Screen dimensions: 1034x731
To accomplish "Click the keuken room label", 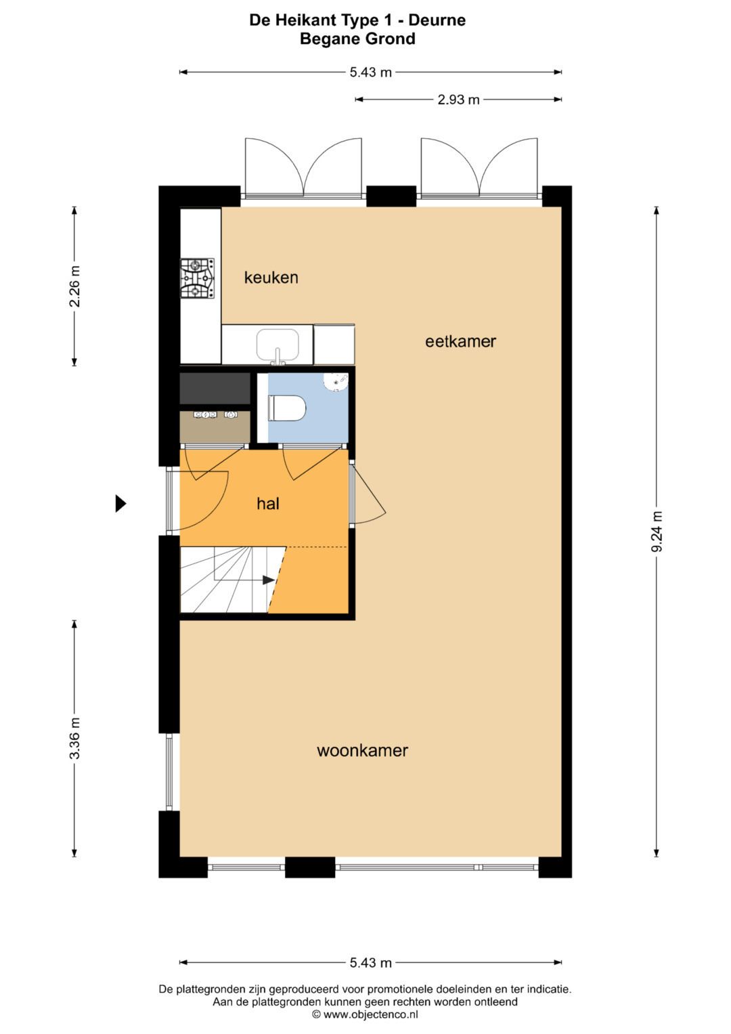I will (271, 277).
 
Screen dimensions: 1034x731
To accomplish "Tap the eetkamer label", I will (460, 341).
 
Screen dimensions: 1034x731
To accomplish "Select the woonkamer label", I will (362, 750).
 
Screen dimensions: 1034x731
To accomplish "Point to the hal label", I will (268, 503).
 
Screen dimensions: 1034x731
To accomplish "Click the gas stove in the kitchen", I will (197, 278).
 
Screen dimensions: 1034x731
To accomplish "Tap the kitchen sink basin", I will (278, 344).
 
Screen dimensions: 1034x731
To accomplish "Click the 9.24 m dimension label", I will (657, 531).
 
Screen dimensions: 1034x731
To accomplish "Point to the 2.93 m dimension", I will (458, 100).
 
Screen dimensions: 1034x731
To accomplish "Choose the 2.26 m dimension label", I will (74, 286).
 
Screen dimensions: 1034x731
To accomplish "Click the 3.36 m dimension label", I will (74, 737).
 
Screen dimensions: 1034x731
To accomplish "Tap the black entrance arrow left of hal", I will (120, 503).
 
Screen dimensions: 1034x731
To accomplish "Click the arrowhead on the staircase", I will (269, 580).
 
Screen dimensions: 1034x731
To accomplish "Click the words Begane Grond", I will (357, 39).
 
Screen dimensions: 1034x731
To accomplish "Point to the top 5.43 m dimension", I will (370, 72).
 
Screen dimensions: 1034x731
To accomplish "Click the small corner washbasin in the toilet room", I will (337, 382).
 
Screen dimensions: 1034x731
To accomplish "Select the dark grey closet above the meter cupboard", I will (215, 388).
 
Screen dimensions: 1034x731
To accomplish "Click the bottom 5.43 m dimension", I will (370, 962).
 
